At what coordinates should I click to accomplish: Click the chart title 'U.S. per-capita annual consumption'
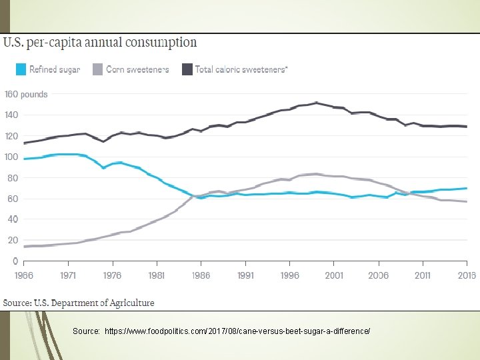(101, 43)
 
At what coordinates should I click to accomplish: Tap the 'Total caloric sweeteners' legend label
(241, 69)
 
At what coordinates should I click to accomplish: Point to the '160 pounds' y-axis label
(26, 94)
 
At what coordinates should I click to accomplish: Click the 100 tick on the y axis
(11, 157)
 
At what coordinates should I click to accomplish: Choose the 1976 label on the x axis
(112, 275)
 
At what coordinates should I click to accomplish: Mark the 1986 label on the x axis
(201, 275)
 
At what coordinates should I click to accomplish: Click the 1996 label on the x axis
(289, 275)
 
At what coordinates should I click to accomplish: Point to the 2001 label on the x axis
(334, 275)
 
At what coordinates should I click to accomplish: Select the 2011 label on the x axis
(423, 275)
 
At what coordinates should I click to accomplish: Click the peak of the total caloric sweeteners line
(317, 103)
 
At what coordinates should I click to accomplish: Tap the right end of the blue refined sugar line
(466, 188)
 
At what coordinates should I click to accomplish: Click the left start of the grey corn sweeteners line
(25, 247)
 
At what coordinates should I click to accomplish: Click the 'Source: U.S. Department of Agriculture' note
(79, 303)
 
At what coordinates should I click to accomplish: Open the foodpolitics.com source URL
(237, 331)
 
